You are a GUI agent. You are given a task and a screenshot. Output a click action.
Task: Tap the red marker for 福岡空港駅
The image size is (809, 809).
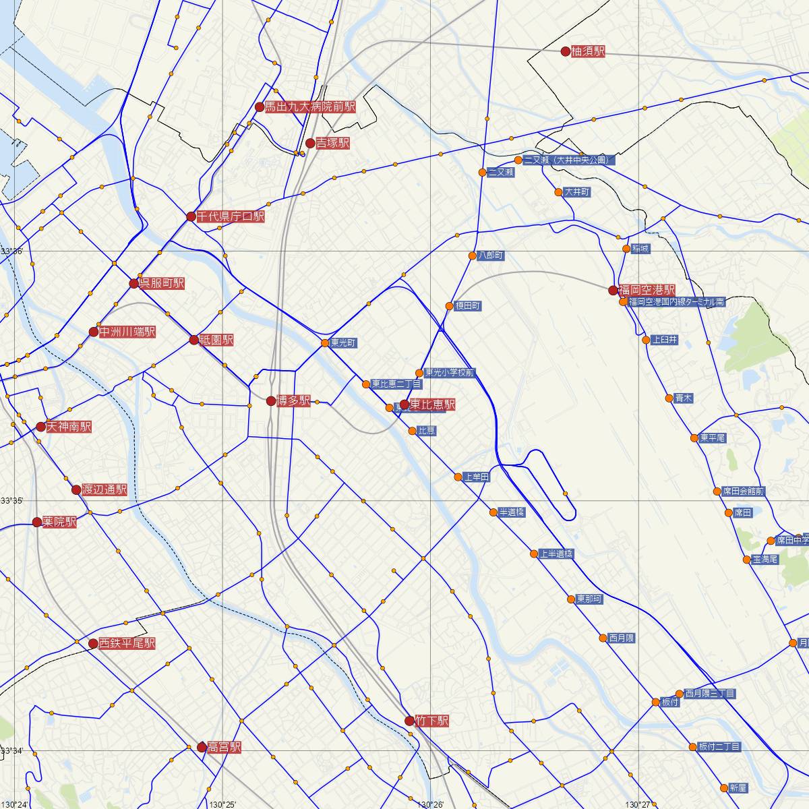pos(613,291)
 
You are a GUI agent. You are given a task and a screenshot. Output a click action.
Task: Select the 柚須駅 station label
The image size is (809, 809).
pos(588,51)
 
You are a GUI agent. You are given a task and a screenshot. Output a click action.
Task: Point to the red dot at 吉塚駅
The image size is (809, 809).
pos(310,143)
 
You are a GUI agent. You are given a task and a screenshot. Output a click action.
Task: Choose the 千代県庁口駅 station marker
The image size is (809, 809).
pos(191,216)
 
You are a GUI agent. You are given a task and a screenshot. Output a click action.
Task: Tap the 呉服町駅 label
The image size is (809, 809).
pos(161,283)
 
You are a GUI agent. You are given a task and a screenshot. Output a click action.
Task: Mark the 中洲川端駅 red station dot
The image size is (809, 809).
pos(94,332)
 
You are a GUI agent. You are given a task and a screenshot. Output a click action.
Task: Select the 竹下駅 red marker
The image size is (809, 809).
pos(409,721)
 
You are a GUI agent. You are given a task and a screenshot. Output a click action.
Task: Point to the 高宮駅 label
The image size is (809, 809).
pos(224,747)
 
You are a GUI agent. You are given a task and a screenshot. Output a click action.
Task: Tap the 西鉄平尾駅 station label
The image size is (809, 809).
pos(127,643)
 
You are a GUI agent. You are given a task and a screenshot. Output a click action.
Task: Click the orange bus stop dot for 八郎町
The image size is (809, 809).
pos(473,256)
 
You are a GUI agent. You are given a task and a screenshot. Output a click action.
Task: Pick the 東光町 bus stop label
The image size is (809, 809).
pos(344,343)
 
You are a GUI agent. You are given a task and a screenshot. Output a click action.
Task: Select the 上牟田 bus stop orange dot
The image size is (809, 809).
pos(458,477)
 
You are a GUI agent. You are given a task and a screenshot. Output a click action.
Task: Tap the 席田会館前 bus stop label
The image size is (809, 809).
pos(743,491)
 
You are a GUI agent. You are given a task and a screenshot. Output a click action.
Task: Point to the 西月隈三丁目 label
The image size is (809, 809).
pos(710,693)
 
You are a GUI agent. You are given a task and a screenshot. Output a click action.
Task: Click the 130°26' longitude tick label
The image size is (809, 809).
pos(430,804)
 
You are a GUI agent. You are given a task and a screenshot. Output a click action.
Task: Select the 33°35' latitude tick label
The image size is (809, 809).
pos(11,500)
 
